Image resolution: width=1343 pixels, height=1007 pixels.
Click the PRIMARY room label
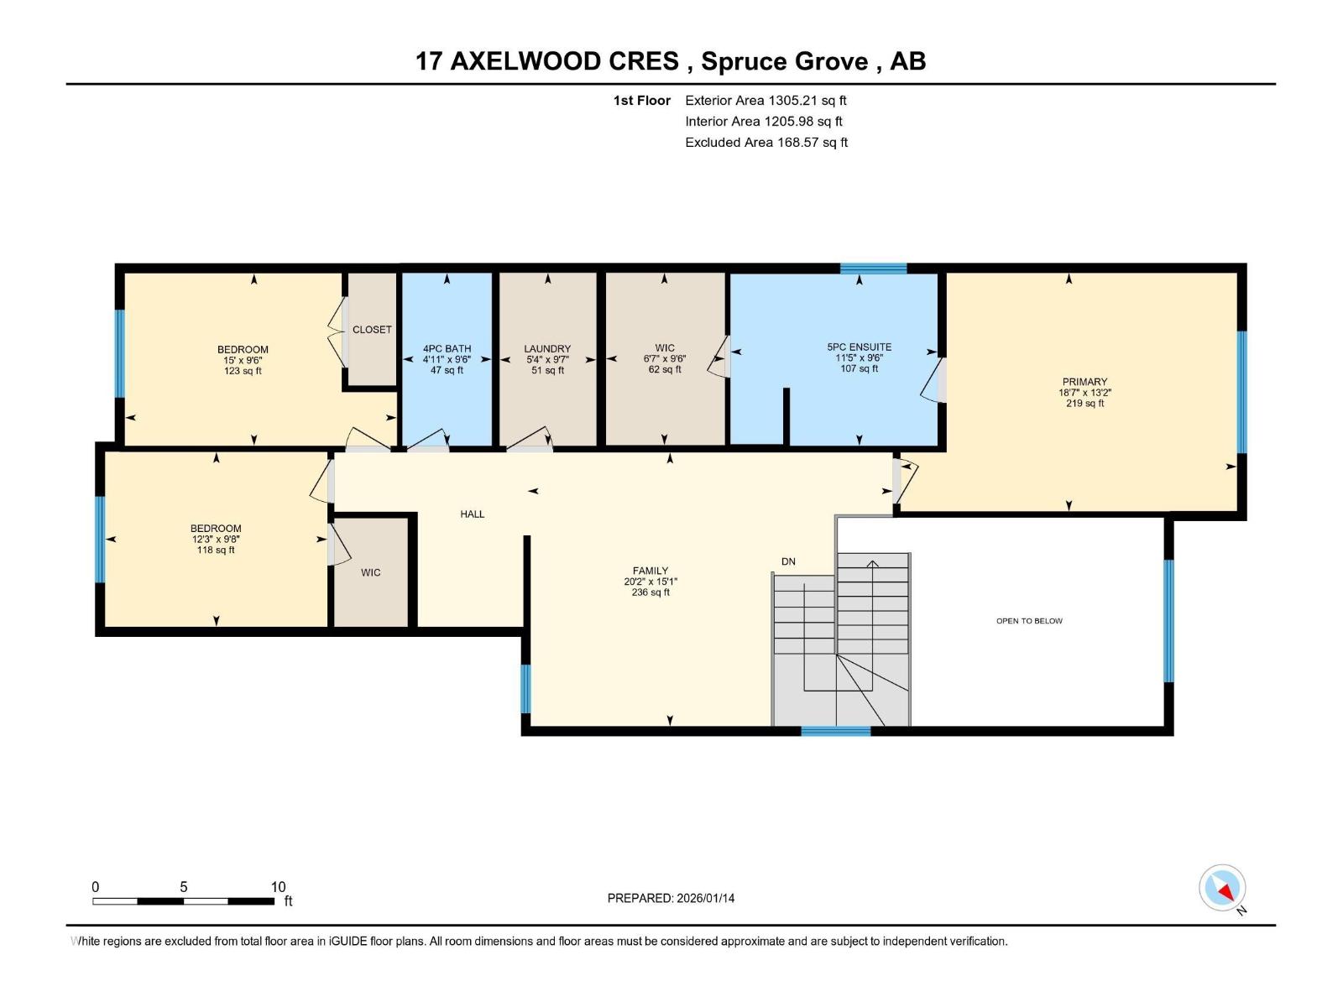(1084, 382)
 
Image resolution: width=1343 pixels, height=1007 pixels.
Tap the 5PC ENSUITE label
(859, 347)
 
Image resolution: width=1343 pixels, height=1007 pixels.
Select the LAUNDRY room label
(547, 349)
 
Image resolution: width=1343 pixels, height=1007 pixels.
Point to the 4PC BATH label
(447, 349)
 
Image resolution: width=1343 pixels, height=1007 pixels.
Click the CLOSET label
(372, 330)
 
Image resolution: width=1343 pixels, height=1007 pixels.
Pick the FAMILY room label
(651, 571)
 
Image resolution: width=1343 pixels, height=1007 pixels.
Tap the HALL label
(473, 514)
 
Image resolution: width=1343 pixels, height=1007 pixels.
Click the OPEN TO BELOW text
(1029, 621)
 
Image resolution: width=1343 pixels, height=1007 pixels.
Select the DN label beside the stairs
(788, 561)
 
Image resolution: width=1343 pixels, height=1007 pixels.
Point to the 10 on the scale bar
(278, 887)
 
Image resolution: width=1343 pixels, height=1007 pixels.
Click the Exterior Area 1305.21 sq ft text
(766, 101)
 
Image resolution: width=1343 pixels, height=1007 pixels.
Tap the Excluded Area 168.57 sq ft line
(766, 143)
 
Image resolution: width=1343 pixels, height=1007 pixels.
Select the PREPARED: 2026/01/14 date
(671, 898)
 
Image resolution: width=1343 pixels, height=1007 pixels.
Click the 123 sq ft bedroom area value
(243, 371)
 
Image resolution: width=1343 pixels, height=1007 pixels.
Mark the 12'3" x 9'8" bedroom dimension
(216, 540)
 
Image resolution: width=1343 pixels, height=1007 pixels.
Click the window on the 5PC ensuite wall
(873, 269)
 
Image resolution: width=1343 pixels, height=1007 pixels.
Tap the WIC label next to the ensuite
(665, 348)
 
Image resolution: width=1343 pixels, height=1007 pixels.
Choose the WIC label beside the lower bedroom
(370, 572)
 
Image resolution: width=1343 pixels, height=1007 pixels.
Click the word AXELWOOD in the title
(564, 61)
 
